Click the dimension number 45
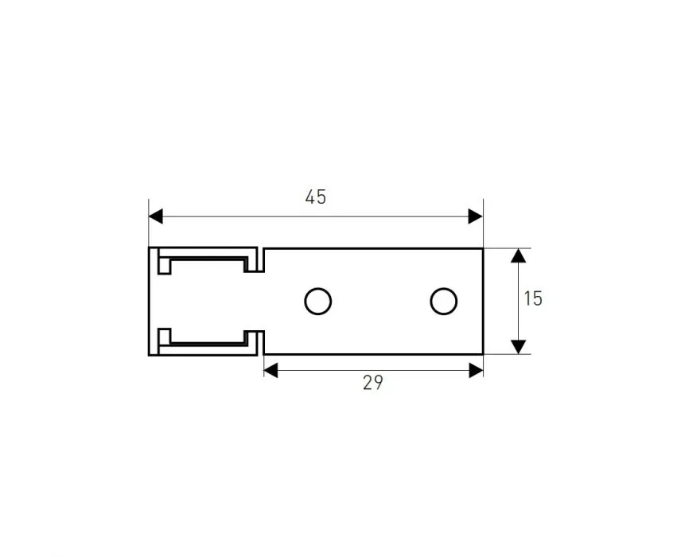coord(316,197)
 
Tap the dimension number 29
coord(372,383)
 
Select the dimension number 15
coord(533,299)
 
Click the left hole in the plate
coord(317,301)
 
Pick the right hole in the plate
coord(443,301)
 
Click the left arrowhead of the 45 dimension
coord(155,216)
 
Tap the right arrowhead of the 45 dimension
coord(476,216)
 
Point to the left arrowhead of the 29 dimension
coord(270,371)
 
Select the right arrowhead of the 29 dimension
coord(476,371)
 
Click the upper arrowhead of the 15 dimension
coord(518,255)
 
